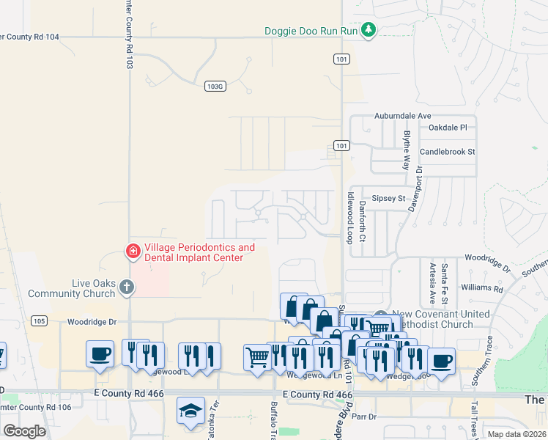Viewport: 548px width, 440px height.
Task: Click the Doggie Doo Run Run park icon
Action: point(370,31)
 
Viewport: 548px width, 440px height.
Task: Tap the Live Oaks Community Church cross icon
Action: point(127,287)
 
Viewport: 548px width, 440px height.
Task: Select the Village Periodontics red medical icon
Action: point(133,252)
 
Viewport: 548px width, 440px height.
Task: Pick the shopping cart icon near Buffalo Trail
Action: point(257,358)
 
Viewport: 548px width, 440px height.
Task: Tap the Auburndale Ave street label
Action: point(402,116)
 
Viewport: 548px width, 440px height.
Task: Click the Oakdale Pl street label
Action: point(447,127)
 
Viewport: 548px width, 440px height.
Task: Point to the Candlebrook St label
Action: point(447,152)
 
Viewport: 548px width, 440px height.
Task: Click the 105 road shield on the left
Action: point(40,320)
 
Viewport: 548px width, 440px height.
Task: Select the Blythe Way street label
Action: point(406,150)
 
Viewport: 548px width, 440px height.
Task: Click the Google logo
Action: point(24,431)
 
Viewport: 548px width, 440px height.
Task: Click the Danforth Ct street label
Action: point(363,224)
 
